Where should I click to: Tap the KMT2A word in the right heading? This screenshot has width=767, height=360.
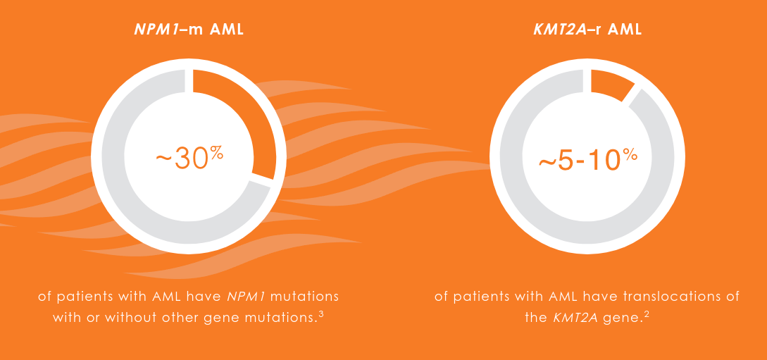[x=559, y=30]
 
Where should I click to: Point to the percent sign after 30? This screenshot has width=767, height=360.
[x=216, y=151]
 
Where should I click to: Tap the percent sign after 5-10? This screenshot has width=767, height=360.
[x=630, y=153]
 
